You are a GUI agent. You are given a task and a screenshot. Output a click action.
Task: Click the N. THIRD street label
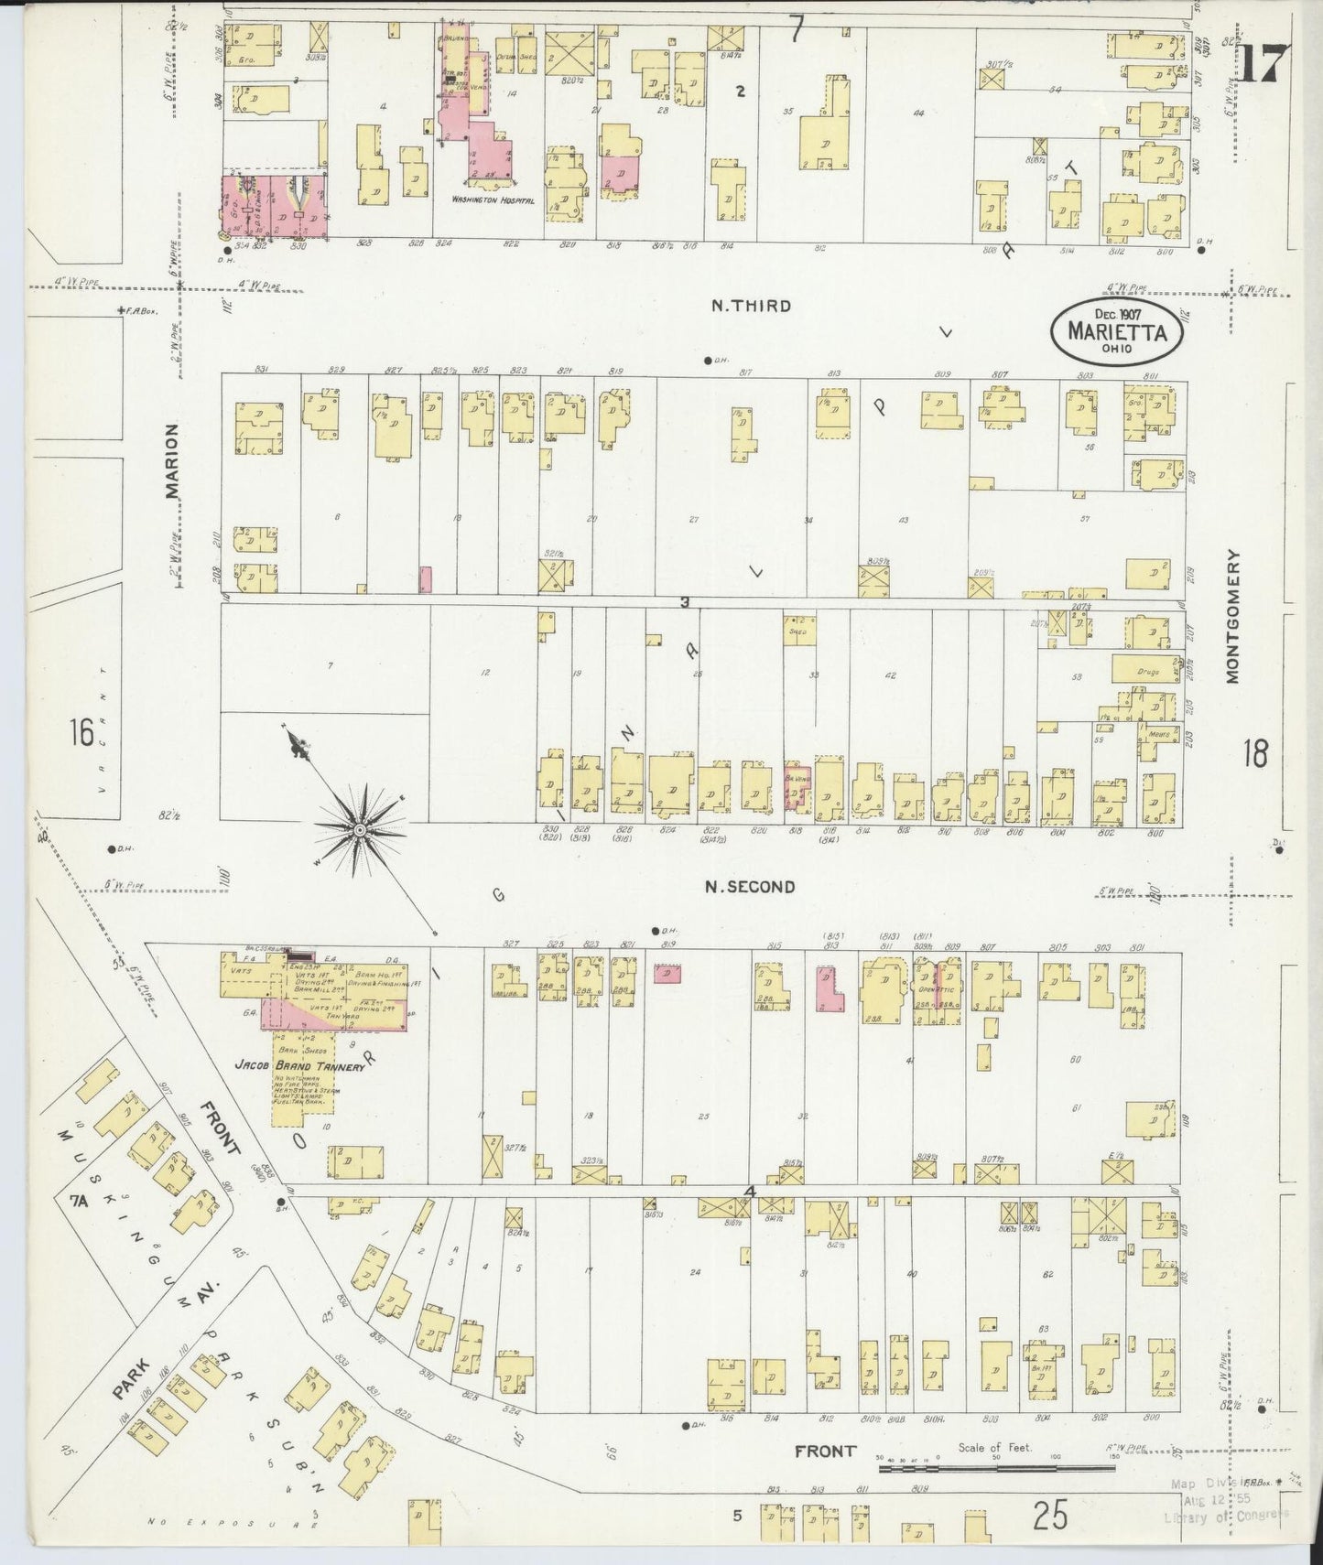750,306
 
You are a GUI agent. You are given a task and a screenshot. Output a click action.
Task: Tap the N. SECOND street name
750,886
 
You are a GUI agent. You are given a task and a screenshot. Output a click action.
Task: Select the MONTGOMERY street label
1231,616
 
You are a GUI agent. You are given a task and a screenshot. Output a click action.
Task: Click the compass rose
360,828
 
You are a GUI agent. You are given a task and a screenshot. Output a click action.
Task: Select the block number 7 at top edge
796,32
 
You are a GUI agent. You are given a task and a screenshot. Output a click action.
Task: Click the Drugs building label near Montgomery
1148,671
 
